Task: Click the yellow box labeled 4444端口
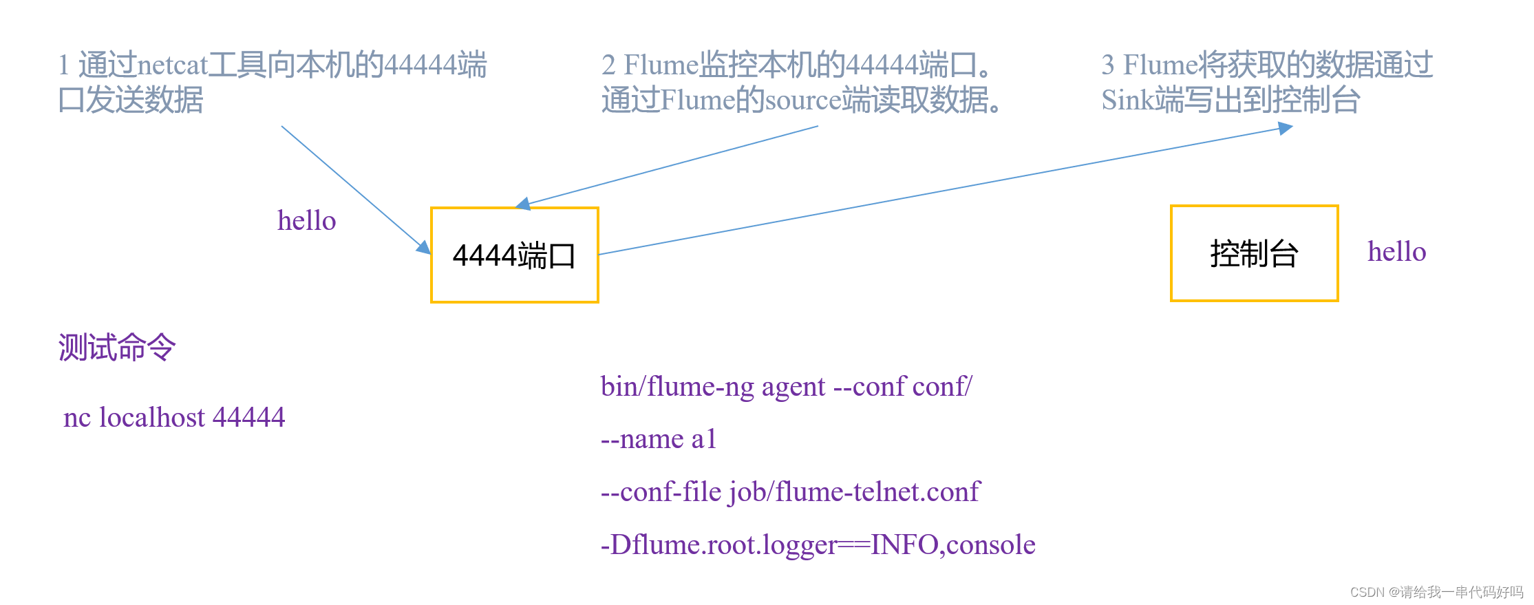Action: point(514,255)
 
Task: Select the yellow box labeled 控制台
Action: point(1254,253)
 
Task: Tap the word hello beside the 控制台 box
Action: point(1396,252)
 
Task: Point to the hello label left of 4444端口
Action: point(306,221)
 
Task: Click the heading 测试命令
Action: point(117,347)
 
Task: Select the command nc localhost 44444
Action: point(174,417)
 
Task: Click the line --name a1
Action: point(658,439)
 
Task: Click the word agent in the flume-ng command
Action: point(793,387)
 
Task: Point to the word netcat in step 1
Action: point(172,65)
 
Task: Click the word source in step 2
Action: point(802,100)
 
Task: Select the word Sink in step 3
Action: point(1127,100)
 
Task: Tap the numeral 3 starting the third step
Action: point(1107,65)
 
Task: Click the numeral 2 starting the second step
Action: point(608,65)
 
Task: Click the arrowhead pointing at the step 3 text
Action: point(1286,128)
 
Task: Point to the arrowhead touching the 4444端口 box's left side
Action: point(423,247)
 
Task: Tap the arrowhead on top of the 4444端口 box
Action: point(523,204)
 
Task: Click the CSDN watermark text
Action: point(1436,592)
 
